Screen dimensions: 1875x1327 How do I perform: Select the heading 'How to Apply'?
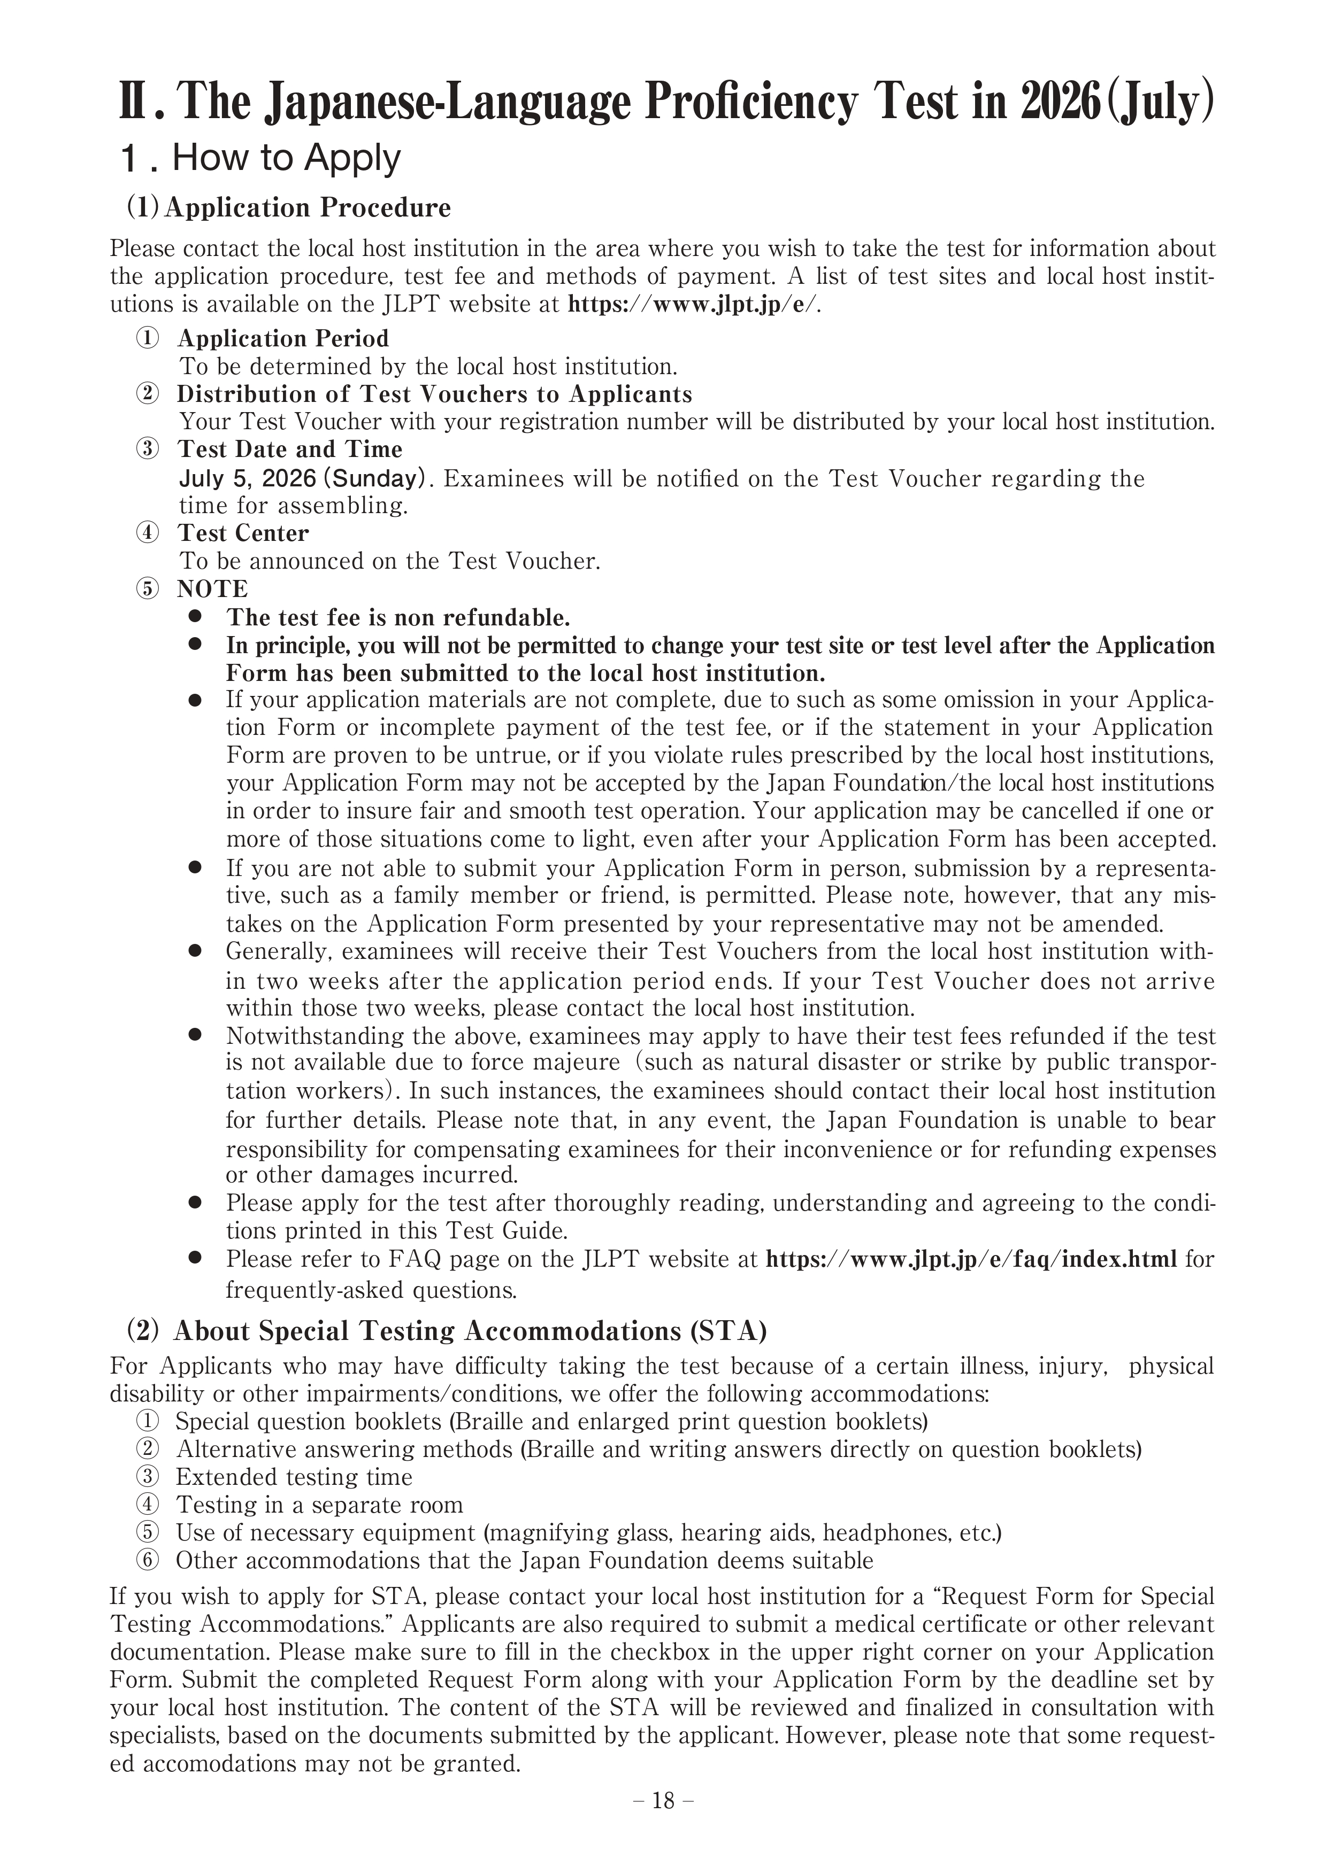pos(286,158)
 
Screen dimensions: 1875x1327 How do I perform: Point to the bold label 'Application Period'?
pos(283,338)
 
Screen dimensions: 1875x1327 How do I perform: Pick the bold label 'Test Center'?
pos(243,533)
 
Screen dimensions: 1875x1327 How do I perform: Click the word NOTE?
pos(212,589)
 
